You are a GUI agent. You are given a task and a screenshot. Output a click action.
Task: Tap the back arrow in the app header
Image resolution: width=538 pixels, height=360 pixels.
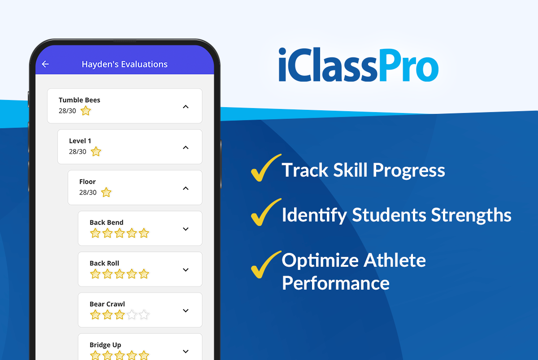[45, 64]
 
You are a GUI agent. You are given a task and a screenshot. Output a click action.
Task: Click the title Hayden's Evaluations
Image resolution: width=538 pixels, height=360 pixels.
[125, 64]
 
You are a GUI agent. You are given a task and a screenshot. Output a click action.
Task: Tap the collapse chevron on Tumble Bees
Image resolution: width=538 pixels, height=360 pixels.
[186, 107]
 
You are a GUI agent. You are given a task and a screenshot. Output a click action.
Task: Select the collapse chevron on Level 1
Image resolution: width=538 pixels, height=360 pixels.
[186, 147]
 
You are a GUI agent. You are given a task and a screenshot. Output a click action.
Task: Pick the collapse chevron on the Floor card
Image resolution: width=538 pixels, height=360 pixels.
[186, 188]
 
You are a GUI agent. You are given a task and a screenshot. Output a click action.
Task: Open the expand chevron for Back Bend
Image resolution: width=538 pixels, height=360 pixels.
[186, 229]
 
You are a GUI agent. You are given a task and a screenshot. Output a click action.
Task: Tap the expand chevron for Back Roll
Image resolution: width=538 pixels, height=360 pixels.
[186, 270]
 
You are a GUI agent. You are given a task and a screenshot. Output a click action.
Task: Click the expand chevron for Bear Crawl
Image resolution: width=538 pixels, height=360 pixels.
[186, 311]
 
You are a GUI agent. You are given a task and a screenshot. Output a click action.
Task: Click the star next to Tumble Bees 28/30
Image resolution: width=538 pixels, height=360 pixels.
[86, 111]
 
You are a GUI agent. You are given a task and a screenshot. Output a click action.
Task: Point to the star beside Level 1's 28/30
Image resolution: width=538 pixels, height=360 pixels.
[96, 152]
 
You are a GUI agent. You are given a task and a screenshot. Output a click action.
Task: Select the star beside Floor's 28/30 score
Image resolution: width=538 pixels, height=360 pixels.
[106, 192]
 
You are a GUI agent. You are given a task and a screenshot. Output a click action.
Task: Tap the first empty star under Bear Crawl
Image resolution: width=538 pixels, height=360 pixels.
[131, 315]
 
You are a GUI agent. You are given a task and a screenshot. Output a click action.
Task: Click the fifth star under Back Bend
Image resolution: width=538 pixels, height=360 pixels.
[143, 233]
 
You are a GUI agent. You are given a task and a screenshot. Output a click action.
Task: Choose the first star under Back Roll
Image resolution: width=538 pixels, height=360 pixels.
[95, 274]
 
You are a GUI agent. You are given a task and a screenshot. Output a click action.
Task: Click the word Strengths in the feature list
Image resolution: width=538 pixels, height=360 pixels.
[471, 215]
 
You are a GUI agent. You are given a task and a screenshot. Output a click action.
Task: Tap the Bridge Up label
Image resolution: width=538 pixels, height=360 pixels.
[105, 345]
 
